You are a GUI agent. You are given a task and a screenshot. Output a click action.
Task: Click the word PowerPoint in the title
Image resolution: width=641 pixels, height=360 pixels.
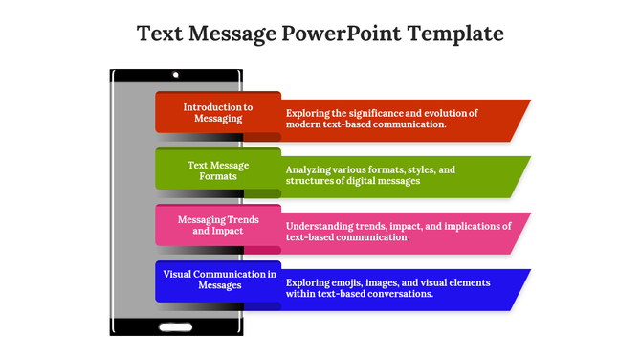tap(341, 34)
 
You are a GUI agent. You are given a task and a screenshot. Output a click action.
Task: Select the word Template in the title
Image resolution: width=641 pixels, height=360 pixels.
tap(455, 34)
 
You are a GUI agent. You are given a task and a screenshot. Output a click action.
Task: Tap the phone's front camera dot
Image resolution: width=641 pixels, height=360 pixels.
tap(175, 74)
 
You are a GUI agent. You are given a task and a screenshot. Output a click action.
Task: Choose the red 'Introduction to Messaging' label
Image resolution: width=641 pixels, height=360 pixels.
tap(218, 113)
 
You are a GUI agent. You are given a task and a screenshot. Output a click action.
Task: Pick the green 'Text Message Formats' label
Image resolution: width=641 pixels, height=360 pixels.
tap(218, 169)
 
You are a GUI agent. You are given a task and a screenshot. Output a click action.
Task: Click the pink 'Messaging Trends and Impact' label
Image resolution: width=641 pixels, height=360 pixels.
tap(218, 226)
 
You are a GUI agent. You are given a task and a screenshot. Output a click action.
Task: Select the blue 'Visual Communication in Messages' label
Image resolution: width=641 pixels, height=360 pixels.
tap(218, 280)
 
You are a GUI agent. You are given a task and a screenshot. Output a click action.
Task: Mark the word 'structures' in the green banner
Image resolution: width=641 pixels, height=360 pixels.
tap(312, 181)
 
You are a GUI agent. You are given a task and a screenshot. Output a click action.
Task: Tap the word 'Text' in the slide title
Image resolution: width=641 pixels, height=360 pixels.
tap(162, 34)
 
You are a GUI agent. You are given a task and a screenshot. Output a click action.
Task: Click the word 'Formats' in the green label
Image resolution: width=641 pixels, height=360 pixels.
tap(218, 176)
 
